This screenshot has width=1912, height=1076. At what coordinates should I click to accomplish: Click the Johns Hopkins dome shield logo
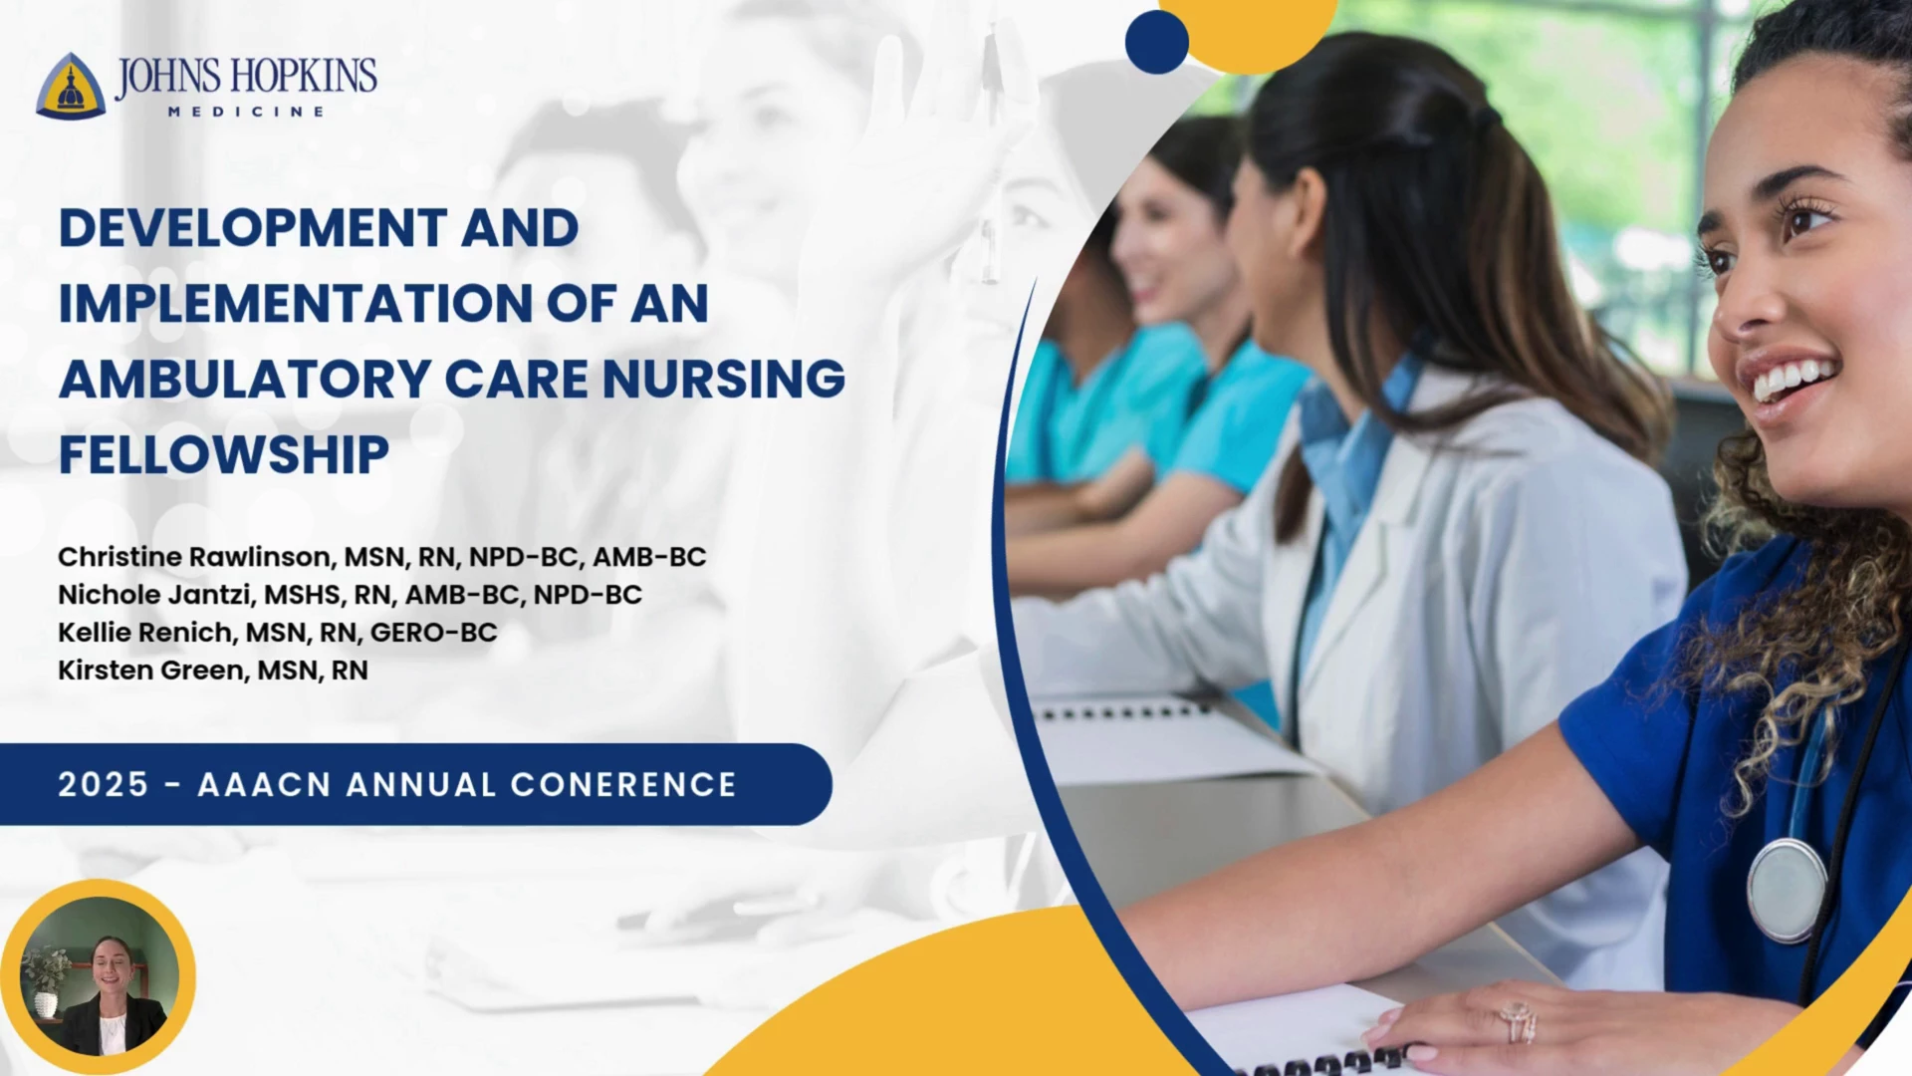click(x=71, y=86)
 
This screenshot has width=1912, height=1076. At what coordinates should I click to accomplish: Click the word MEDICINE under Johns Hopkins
click(x=246, y=112)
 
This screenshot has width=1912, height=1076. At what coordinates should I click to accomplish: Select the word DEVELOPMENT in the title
click(x=253, y=228)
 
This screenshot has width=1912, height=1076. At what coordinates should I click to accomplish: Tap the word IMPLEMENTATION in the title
click(x=295, y=304)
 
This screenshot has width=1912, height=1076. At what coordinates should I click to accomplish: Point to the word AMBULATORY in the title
click(x=245, y=380)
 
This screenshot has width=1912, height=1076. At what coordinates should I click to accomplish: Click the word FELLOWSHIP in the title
click(x=224, y=455)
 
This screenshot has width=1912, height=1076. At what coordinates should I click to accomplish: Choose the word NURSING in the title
click(x=724, y=380)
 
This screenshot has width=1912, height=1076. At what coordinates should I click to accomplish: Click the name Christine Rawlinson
click(x=193, y=557)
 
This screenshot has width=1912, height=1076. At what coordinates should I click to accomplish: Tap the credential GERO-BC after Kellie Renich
click(x=433, y=633)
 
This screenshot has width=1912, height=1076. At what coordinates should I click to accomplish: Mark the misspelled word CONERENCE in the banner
click(x=623, y=785)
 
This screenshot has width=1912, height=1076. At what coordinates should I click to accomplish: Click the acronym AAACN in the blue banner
click(x=264, y=785)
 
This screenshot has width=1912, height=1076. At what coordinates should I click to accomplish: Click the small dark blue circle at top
click(x=1157, y=42)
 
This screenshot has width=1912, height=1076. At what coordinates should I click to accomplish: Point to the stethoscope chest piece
click(x=1788, y=890)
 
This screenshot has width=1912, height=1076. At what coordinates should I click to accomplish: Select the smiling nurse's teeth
click(x=1793, y=380)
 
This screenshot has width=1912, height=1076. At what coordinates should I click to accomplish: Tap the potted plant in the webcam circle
click(x=46, y=981)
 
